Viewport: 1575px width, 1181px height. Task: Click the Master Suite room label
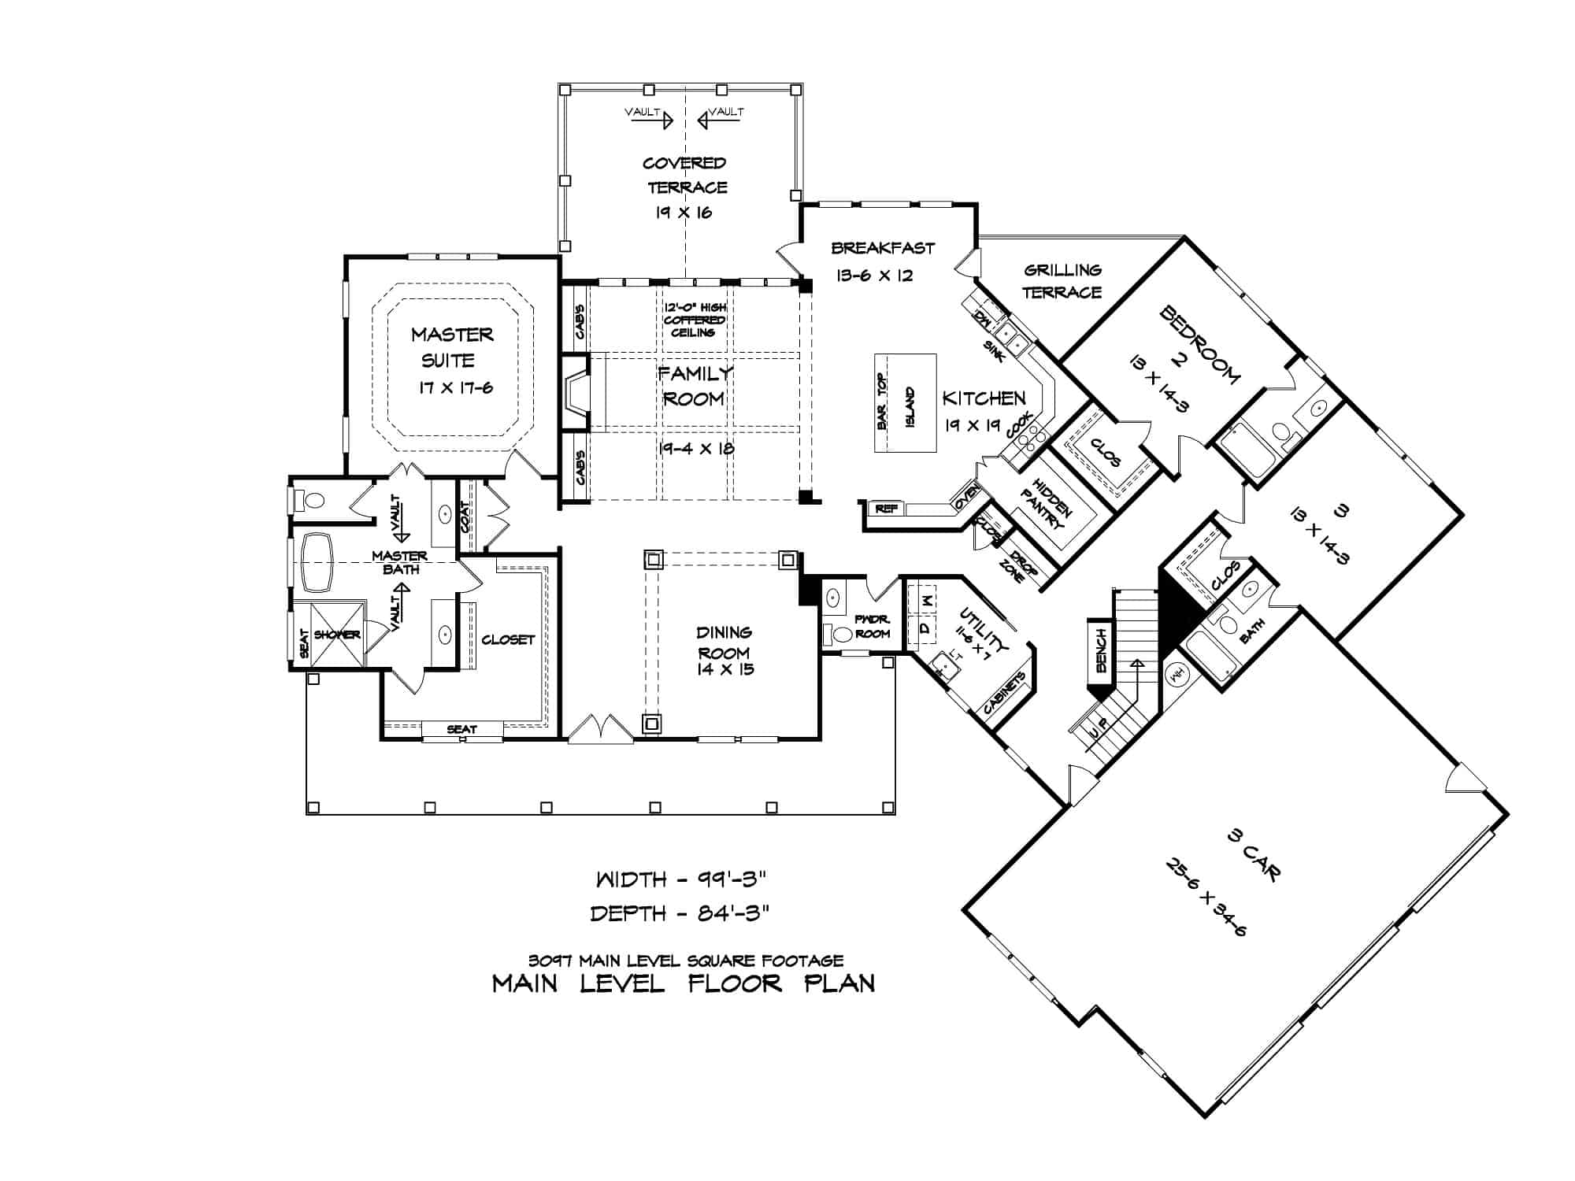[x=452, y=347]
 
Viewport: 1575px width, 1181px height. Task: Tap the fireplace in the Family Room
[x=576, y=394]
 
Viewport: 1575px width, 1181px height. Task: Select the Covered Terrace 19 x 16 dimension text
[x=684, y=213]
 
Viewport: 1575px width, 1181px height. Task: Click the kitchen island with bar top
[x=906, y=402]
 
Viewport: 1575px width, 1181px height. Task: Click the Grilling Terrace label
[x=1062, y=281]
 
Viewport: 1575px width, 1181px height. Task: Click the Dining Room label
[x=724, y=642]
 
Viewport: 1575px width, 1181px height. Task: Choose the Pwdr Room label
[x=871, y=627]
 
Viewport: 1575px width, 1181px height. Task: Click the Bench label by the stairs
[x=1101, y=650]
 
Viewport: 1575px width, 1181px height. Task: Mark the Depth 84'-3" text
[x=679, y=913]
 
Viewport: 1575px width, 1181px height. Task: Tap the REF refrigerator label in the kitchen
[x=886, y=509]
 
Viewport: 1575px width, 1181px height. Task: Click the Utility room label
[x=981, y=631]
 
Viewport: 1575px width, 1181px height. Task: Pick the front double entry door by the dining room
[x=600, y=729]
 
